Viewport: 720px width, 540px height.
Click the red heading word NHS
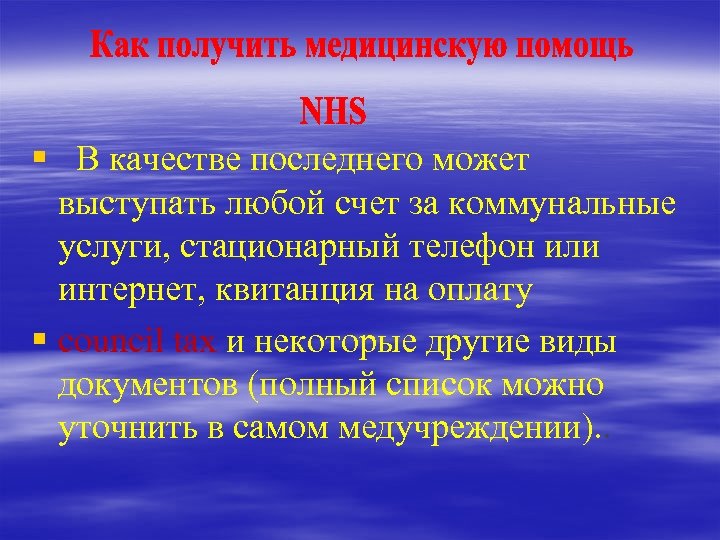coord(334,111)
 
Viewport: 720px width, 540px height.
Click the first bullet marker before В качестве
coord(38,156)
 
